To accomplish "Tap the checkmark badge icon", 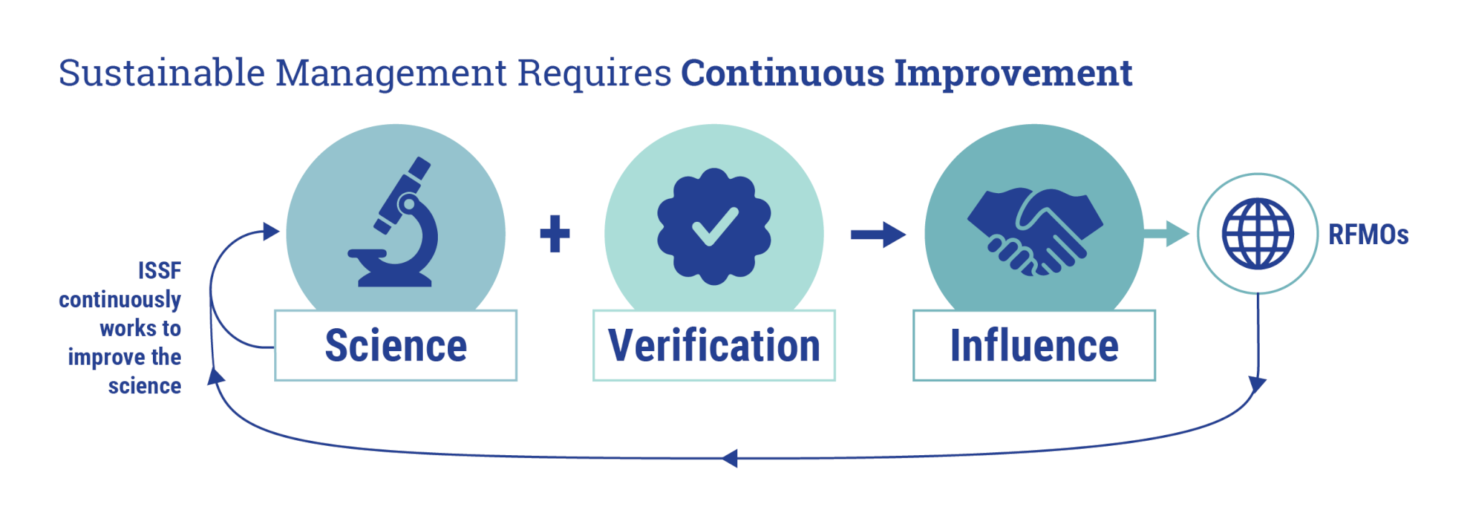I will click(714, 226).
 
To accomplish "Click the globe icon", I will click(1258, 234).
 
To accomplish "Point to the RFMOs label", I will click(1368, 235).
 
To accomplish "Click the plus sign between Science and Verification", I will click(555, 234).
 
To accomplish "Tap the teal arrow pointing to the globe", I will click(1167, 233).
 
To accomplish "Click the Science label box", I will click(395, 345).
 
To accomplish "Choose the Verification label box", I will click(714, 345).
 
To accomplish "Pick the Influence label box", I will click(1034, 345).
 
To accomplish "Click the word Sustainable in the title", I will click(161, 73).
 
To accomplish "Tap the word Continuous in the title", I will click(782, 73).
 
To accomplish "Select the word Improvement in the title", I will click(1013, 73).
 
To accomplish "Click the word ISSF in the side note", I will click(159, 271).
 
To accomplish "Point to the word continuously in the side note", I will click(120, 299).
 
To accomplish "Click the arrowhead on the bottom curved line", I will click(730, 458).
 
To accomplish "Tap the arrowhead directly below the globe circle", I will click(1257, 384).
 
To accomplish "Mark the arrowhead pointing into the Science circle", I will click(271, 231).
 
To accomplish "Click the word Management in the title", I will click(391, 73).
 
